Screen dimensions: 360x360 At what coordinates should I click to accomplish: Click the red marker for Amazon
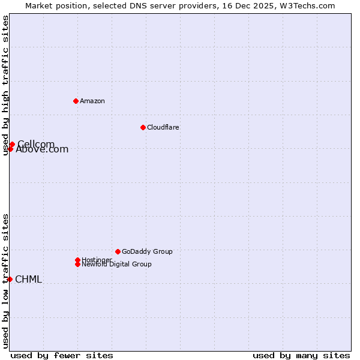76,101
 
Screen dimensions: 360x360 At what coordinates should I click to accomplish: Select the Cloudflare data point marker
143,127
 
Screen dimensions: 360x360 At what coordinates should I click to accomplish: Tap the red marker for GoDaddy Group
118,251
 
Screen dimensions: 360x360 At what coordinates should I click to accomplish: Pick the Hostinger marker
77,260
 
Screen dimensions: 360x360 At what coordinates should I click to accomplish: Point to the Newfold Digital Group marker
77,264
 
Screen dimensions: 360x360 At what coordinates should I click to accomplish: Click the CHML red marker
10,279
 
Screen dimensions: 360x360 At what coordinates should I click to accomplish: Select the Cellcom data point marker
12,144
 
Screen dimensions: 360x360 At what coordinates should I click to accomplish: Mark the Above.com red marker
10,149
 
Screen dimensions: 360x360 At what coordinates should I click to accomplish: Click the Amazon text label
92,101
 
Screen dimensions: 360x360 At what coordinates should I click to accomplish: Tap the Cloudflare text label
163,127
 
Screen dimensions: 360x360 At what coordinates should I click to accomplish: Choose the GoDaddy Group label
147,251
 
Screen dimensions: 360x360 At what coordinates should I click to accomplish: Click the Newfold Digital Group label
116,265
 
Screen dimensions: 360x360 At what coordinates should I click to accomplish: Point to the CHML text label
28,279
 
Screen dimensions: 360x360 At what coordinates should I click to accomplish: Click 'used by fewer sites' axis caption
62,355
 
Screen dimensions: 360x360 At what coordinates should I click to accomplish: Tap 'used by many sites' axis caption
301,355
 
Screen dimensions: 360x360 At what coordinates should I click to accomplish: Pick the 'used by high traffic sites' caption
6,86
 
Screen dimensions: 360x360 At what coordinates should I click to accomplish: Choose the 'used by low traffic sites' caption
6,281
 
